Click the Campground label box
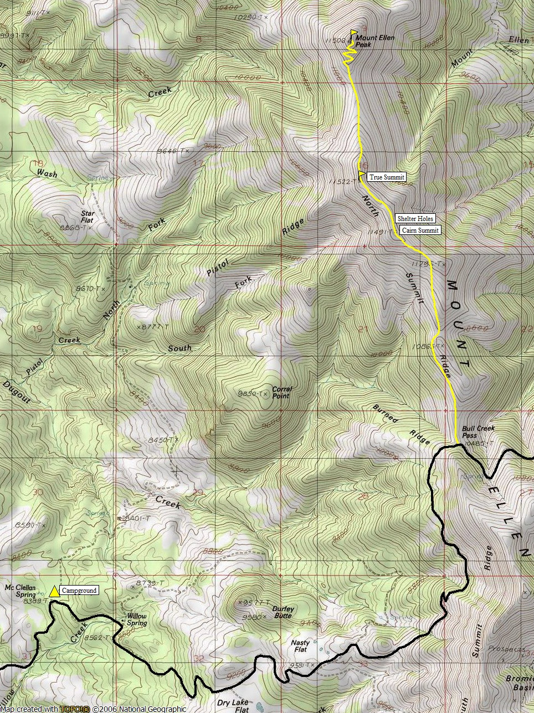[x=79, y=591]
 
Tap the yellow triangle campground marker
[x=54, y=591]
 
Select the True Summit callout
[x=387, y=177]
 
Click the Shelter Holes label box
[x=415, y=218]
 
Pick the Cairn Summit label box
[x=420, y=230]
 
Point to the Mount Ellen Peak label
[x=371, y=41]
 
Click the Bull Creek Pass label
[x=478, y=432]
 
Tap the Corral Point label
[x=281, y=392]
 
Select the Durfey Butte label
[x=283, y=612]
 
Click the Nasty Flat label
[x=300, y=646]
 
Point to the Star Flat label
[x=87, y=217]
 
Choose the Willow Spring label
[x=137, y=619]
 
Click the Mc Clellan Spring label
[x=20, y=591]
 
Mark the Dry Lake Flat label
[x=233, y=706]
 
